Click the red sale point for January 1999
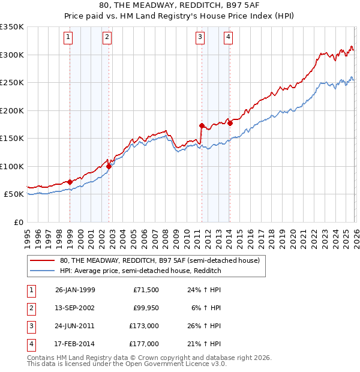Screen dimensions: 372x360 (70, 182)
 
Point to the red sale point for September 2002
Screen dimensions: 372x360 (109, 166)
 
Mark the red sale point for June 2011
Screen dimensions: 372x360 (202, 125)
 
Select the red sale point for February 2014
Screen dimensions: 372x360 (230, 123)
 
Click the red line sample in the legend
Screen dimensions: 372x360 (43, 261)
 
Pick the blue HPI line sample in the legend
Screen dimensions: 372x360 (43, 271)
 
